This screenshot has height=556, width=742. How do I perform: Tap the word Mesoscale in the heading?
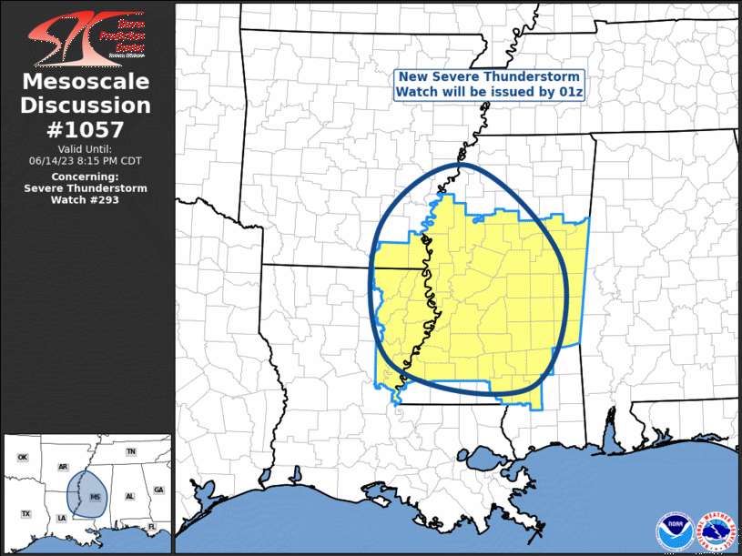point(86,82)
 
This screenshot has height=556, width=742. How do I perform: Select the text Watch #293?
point(86,200)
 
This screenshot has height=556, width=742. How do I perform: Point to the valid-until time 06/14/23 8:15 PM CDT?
point(86,160)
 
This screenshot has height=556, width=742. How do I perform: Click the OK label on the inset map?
point(23,457)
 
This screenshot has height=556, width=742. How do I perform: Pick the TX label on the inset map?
point(25,514)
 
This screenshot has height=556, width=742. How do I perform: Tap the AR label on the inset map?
point(63,467)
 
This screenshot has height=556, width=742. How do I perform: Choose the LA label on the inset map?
point(62,518)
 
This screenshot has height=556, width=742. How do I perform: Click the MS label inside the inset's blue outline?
point(95,497)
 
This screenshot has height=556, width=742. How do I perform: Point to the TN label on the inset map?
point(130,452)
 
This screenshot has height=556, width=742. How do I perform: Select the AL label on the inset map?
point(129,496)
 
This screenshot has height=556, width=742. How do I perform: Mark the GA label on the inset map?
point(158,490)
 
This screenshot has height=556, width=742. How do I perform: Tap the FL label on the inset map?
point(152,527)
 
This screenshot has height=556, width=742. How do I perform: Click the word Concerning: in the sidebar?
point(86,177)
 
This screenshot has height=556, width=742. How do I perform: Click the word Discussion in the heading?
point(86,105)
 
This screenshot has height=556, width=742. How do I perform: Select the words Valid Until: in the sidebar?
point(86,148)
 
